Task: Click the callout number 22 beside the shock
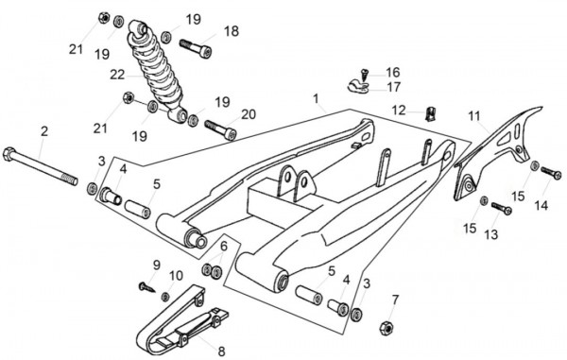[x=117, y=75]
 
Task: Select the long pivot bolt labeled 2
[x=40, y=166]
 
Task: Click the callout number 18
[x=232, y=31]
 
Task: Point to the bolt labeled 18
[x=196, y=49]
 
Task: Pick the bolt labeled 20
[x=220, y=129]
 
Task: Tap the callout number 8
[x=221, y=351]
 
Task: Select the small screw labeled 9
[x=146, y=287]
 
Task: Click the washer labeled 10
[x=165, y=297]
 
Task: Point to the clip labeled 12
[x=430, y=113]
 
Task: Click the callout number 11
[x=474, y=116]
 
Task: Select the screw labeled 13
[x=502, y=208]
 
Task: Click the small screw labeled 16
[x=365, y=76]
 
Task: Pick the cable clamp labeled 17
[x=358, y=87]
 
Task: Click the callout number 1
[x=316, y=98]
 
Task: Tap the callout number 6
[x=224, y=247]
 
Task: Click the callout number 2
[x=44, y=131]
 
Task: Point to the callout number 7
[x=395, y=300]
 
